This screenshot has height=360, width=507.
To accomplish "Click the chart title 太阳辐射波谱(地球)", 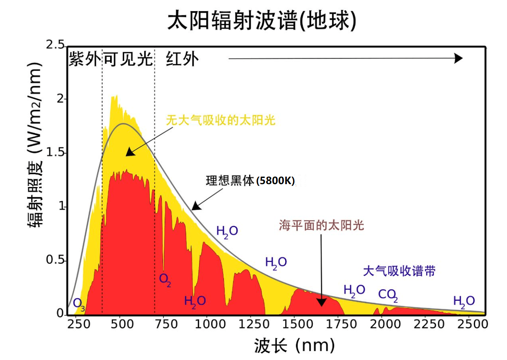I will coord(262,21).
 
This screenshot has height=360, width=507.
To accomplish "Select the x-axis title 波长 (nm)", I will coord(294,345).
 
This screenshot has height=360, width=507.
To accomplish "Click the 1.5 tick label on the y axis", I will coord(55,153).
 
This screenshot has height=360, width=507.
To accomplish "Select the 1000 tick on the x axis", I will coord(207,324).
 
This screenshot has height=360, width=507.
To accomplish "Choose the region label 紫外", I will coord(84,60).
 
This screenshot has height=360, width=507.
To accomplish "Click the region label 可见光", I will coord(128,60).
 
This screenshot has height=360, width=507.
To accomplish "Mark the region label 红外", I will coord(182,60).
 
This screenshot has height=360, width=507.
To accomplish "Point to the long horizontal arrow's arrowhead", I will coord(458,58).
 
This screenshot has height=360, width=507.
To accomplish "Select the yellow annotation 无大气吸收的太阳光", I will coord(221,120).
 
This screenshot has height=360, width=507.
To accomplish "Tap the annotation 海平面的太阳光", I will coord(321,225).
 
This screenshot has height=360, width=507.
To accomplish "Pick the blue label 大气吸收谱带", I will coord(399,271).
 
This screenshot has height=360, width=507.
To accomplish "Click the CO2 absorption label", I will coord(388,295).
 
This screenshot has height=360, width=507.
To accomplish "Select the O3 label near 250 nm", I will coord(79,304).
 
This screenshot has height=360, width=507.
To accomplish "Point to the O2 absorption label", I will coord(165,279).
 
